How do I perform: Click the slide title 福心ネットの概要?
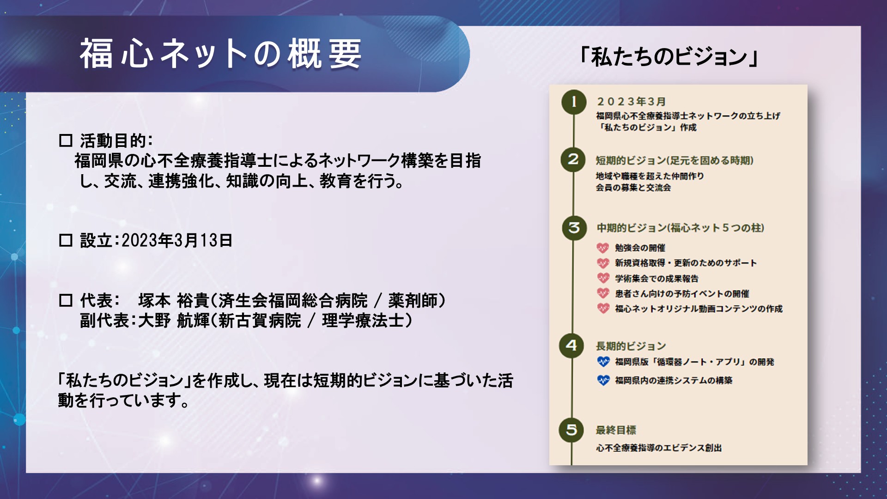[x=220, y=54]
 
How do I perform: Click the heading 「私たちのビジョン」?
[x=669, y=57]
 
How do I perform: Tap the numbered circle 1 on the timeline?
[x=574, y=102]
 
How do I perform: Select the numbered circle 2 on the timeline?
[x=573, y=159]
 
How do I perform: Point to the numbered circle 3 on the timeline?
[x=574, y=228]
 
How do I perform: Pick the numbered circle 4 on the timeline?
[x=571, y=346]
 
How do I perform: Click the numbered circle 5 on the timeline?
[x=571, y=430]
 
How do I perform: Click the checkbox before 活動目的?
[x=66, y=140]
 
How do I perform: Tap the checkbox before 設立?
[x=66, y=240]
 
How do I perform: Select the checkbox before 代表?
[x=66, y=300]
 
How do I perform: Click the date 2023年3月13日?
[x=177, y=240]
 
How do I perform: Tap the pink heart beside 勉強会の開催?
[x=603, y=248]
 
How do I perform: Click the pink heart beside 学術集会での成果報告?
[x=603, y=278]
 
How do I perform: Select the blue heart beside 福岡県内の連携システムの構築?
[x=603, y=380]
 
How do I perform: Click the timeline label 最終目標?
[x=616, y=430]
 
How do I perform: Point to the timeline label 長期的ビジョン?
[x=631, y=346]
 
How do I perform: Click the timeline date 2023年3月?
[x=631, y=101]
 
